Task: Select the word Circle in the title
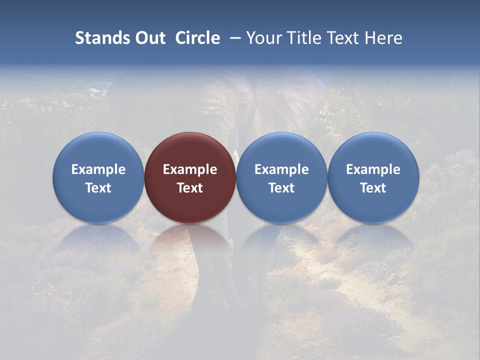pyautogui.click(x=197, y=38)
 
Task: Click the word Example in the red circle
pyautogui.click(x=190, y=169)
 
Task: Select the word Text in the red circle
pyautogui.click(x=190, y=188)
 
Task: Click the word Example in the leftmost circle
pyautogui.click(x=98, y=169)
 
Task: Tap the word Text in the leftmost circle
pyautogui.click(x=98, y=188)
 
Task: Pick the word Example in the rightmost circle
pyautogui.click(x=373, y=169)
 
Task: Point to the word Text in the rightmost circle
pyautogui.click(x=373, y=188)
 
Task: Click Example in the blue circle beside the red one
pyautogui.click(x=281, y=169)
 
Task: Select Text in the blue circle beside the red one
pyautogui.click(x=281, y=188)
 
